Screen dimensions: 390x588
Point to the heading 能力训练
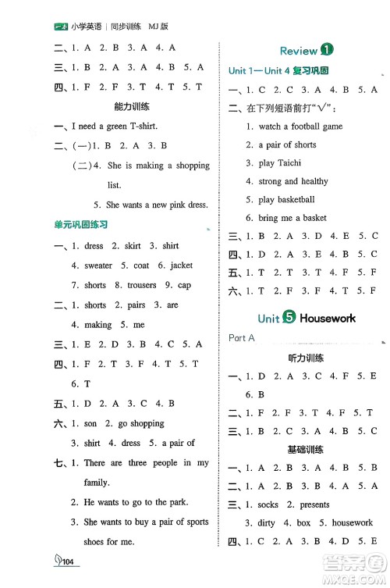pos(132,105)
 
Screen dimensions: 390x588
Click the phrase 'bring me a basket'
pos(292,218)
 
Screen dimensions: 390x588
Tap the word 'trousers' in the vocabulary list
pos(141,285)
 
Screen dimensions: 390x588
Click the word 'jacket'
pos(181,265)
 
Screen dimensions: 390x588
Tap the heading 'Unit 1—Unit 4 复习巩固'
pos(278,71)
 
